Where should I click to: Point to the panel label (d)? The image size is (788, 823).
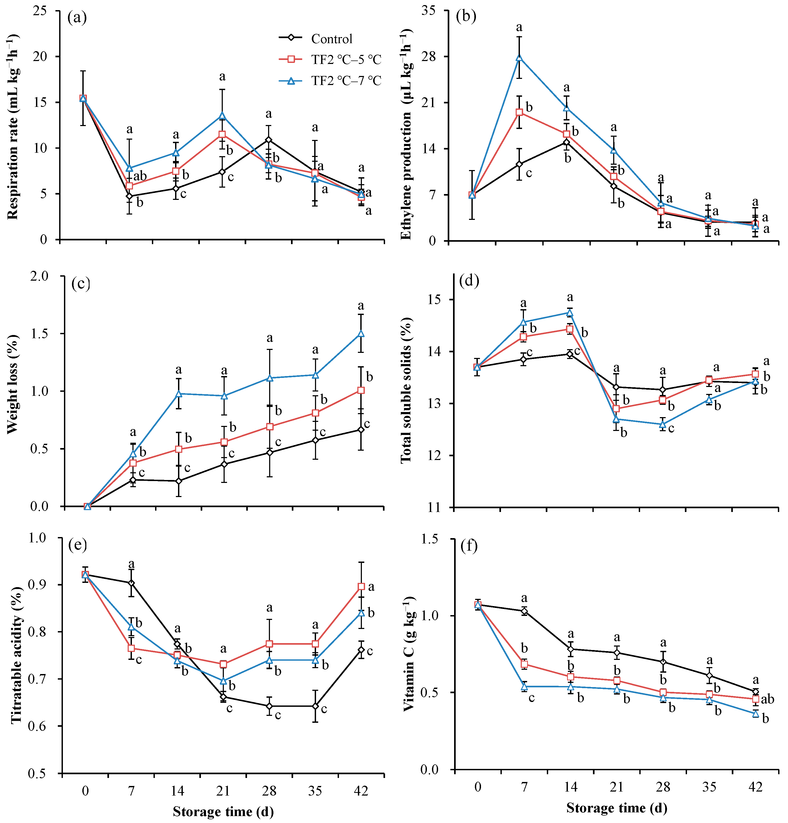(x=469, y=280)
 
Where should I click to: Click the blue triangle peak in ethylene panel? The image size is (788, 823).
(x=519, y=58)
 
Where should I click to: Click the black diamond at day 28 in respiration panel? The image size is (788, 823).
(x=269, y=140)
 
